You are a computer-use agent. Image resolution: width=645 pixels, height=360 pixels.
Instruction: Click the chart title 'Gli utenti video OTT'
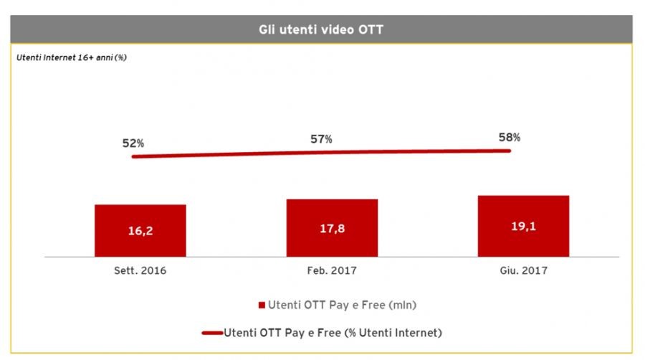321,29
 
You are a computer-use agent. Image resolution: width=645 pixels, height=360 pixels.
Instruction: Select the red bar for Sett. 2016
140,230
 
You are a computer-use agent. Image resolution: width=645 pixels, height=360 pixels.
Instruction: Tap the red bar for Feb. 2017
332,228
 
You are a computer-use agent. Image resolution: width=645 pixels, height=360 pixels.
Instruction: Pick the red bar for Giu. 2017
523,226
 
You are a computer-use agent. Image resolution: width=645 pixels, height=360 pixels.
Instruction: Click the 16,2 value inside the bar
140,231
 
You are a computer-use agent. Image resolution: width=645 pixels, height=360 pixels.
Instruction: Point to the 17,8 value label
333,228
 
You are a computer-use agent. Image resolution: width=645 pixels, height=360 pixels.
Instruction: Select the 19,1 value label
523,226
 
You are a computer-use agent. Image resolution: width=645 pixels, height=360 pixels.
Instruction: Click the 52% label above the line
133,143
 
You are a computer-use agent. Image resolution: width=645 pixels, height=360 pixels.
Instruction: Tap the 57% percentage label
321,139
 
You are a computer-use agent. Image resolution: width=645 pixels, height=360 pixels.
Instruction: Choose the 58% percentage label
510,137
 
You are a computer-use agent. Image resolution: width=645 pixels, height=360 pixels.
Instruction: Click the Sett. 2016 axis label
140,270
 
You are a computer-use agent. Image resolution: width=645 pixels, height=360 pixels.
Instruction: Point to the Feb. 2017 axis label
332,270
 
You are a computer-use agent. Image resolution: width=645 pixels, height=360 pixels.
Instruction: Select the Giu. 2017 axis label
524,270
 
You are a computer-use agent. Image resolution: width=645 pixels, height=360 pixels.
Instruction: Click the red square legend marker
262,305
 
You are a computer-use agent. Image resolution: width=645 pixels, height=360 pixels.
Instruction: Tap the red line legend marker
212,333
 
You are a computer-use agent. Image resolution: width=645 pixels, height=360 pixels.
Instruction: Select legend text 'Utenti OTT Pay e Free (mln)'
343,305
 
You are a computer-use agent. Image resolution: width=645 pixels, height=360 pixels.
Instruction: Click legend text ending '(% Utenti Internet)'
333,333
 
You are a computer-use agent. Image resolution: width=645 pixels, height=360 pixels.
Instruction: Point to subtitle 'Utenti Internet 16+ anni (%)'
71,57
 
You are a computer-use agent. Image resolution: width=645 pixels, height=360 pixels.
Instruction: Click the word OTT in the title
371,29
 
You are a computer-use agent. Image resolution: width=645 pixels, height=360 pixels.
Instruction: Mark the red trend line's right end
510,151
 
